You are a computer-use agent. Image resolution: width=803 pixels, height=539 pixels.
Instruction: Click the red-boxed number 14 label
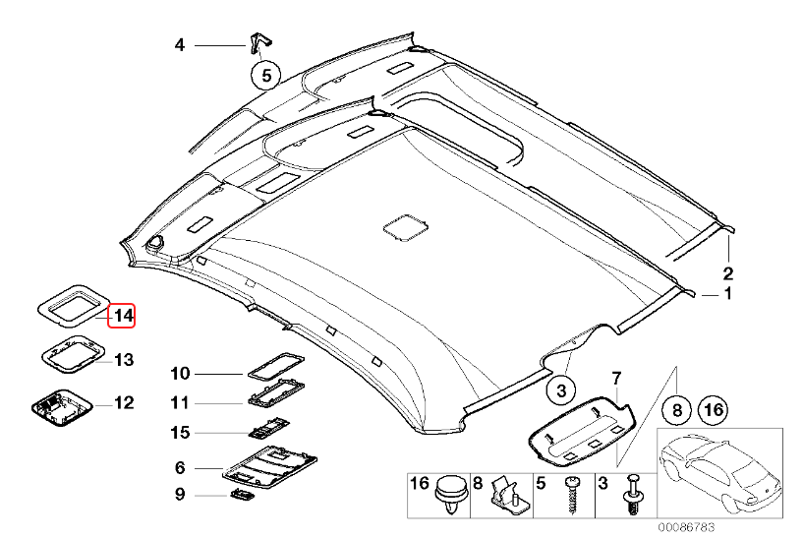click(123, 316)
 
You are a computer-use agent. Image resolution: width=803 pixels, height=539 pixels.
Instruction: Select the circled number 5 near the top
click(265, 74)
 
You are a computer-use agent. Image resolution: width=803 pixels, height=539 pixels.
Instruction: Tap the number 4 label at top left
click(179, 45)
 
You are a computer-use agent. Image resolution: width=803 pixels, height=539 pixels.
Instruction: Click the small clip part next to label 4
click(258, 43)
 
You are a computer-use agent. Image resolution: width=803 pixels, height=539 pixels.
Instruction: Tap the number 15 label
click(179, 432)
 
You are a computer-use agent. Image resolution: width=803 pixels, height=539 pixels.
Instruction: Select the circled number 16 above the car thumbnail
click(714, 407)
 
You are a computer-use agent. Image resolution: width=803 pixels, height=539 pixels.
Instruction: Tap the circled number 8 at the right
click(677, 407)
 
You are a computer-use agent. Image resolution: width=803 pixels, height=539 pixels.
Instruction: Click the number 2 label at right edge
click(728, 272)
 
